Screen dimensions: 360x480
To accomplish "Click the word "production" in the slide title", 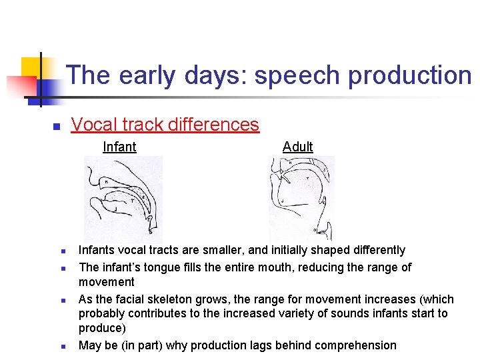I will [410, 75].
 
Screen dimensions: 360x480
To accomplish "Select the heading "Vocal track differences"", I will [165, 124].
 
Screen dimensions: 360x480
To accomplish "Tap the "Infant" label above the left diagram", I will [119, 147].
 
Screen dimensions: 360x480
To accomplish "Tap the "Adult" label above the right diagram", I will [297, 147].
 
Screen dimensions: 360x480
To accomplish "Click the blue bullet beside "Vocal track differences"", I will [57, 126].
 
